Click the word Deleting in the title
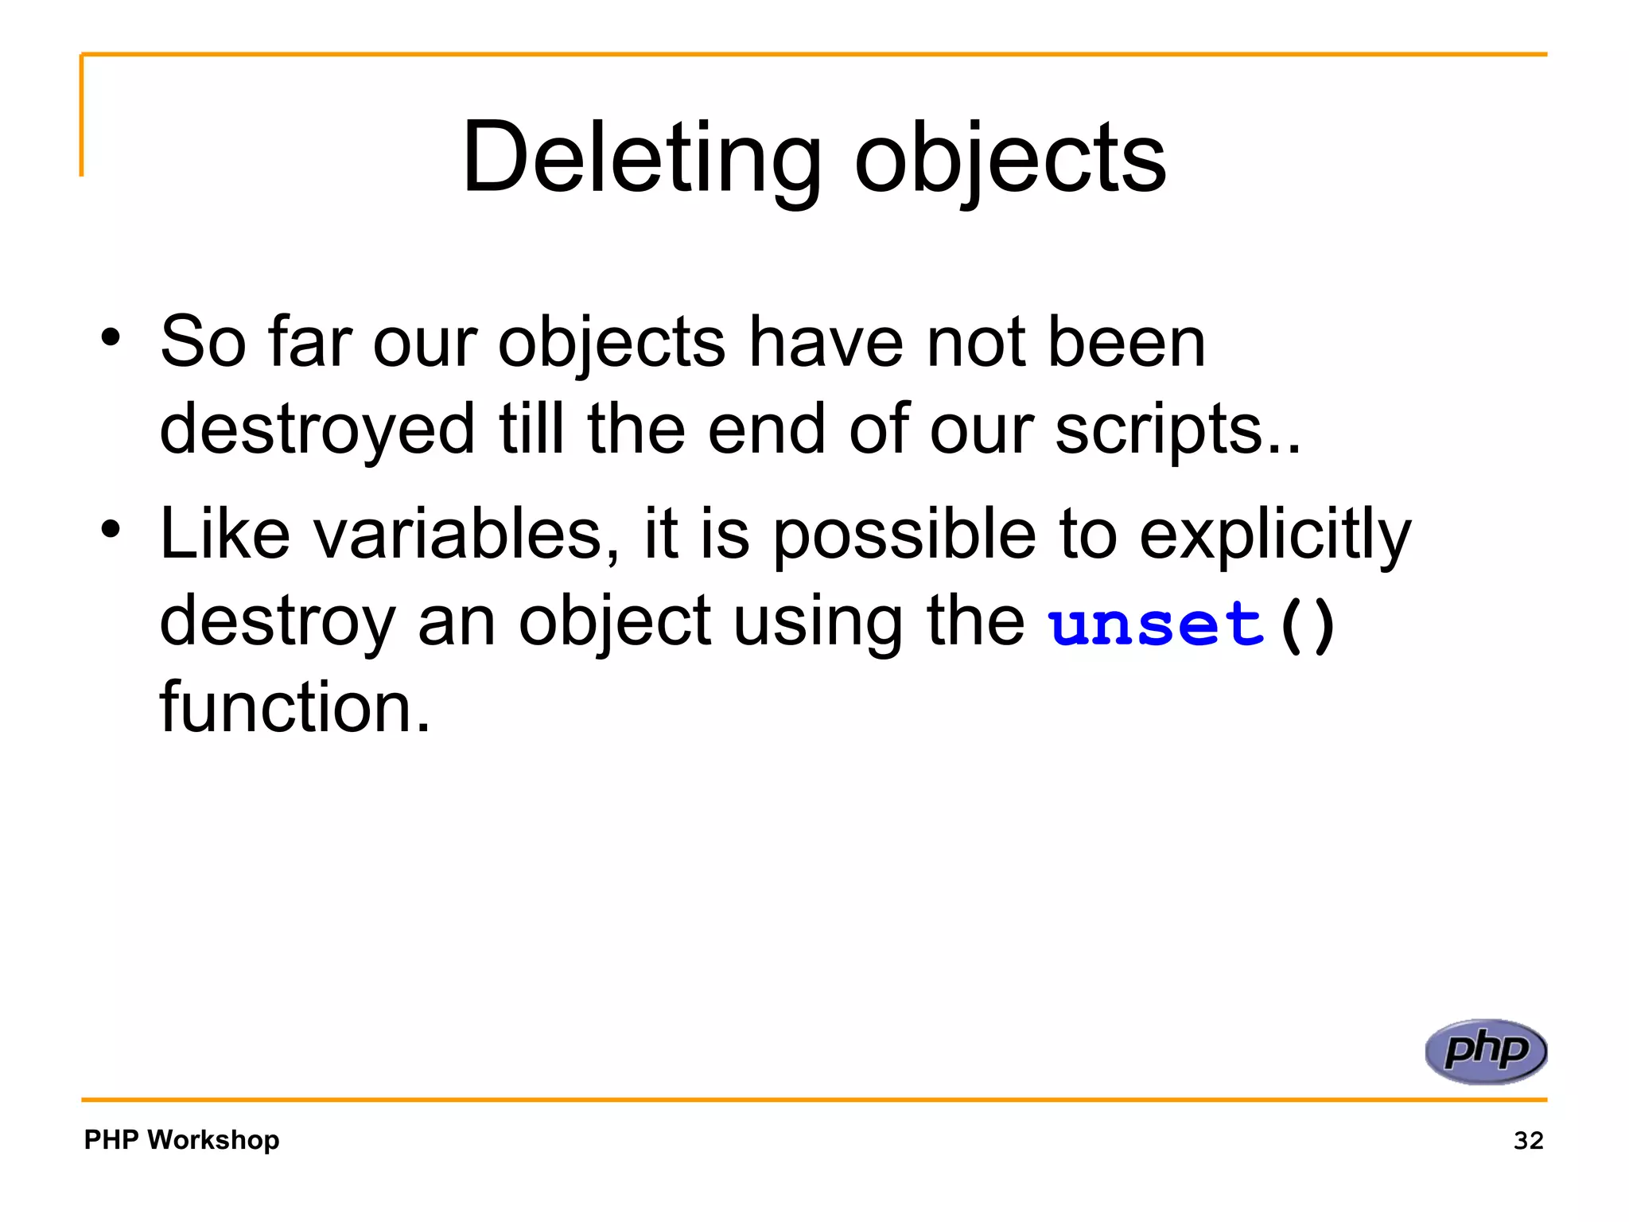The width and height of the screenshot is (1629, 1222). [x=641, y=158]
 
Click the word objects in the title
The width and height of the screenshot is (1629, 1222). [x=1010, y=159]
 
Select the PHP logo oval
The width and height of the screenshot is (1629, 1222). [x=1486, y=1051]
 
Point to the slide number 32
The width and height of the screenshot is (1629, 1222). [x=1528, y=1140]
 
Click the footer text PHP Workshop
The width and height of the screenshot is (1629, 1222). [x=181, y=1139]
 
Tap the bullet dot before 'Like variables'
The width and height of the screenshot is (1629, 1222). [x=111, y=528]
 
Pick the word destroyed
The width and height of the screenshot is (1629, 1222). [x=317, y=430]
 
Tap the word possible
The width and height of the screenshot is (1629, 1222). [x=904, y=535]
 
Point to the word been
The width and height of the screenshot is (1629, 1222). [x=1126, y=342]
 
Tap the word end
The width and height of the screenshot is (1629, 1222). [x=767, y=430]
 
